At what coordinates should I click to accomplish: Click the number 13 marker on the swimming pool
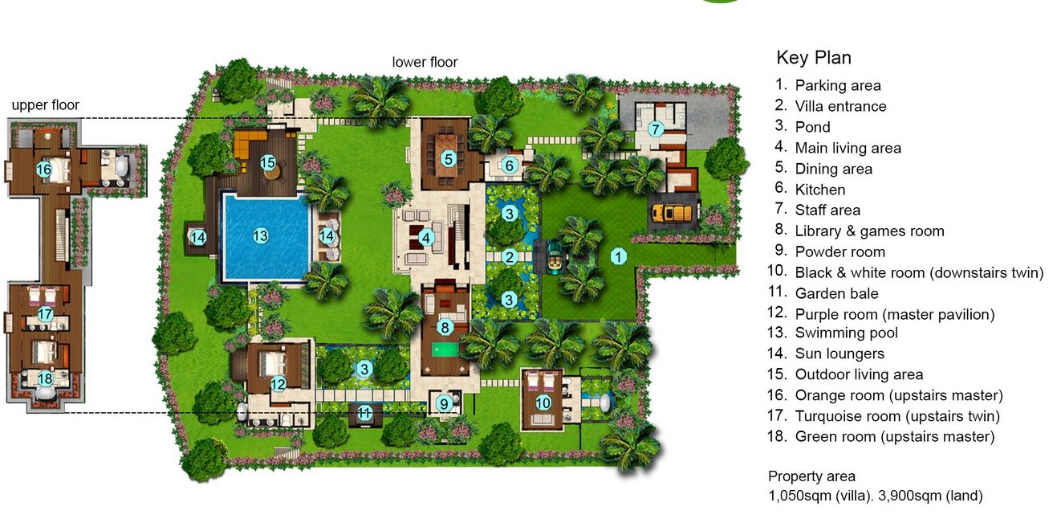coord(260,235)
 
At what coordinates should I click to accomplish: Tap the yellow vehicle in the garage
coord(674,213)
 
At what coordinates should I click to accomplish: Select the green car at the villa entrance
coord(553,257)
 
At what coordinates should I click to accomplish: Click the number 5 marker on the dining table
coord(448,158)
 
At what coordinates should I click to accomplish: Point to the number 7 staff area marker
coord(656,129)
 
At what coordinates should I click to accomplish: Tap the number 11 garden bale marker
coord(364,413)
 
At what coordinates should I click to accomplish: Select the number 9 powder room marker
coord(444,404)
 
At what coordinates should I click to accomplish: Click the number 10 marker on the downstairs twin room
coord(543,402)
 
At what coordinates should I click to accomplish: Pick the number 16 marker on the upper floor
coord(43,170)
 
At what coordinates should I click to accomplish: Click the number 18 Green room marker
coord(45,378)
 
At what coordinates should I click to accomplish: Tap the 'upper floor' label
coord(46,105)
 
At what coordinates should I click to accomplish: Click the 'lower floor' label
coord(425,62)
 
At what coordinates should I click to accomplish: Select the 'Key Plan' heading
coord(814,57)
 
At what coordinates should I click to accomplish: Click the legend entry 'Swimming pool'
coord(847,333)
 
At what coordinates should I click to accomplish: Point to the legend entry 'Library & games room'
coord(870,231)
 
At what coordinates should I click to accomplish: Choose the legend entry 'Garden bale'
coord(836,293)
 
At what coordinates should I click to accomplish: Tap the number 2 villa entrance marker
coord(509,257)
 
